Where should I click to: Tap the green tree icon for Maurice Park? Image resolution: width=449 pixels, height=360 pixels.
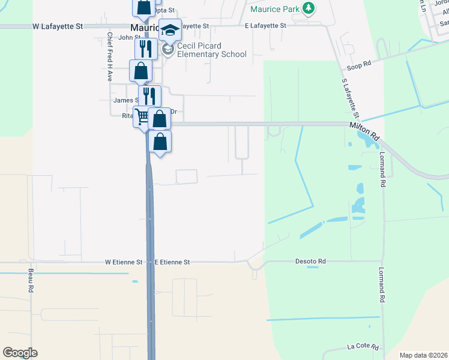(309, 8)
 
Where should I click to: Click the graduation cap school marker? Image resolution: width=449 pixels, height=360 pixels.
(170, 30)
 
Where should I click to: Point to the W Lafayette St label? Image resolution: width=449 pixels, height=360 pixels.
(58, 26)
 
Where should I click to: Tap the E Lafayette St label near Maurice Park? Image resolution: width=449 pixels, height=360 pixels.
(267, 26)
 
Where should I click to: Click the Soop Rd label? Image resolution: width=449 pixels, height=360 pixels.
(358, 66)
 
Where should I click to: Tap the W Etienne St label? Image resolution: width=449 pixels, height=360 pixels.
(123, 262)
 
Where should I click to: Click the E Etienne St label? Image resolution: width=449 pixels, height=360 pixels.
(172, 262)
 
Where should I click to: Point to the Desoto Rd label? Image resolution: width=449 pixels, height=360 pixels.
(310, 262)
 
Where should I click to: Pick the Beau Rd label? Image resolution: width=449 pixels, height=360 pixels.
(31, 280)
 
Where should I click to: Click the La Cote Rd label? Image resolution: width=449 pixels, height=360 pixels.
(363, 347)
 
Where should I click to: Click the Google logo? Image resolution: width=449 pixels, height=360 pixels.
(20, 353)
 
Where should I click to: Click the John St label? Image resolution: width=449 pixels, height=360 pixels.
(129, 37)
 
